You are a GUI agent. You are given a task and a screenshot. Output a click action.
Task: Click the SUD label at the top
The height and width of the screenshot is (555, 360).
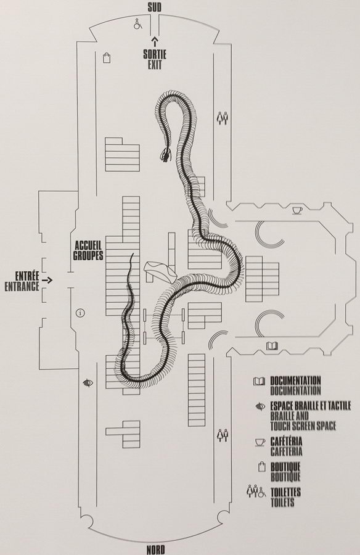point(155,7)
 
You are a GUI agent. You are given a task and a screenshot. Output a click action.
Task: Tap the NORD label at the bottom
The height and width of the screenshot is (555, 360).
point(156,549)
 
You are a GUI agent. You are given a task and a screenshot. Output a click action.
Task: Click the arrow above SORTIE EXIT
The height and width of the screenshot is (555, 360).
point(154,41)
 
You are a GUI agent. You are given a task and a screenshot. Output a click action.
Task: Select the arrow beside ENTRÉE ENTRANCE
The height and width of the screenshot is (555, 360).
point(47,280)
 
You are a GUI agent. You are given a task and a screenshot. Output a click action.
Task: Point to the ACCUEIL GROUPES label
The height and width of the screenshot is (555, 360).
point(89,250)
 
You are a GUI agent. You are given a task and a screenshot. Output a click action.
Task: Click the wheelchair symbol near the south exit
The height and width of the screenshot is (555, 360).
point(137,24)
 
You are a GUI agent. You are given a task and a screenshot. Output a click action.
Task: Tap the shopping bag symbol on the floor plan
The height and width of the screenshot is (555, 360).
point(107,57)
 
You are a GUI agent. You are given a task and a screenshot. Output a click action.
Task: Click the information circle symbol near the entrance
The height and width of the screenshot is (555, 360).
point(81,313)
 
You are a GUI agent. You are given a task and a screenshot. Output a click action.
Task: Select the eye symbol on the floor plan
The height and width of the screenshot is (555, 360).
point(88,382)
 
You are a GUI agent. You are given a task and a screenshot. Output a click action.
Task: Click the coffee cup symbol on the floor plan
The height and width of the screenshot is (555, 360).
point(297,211)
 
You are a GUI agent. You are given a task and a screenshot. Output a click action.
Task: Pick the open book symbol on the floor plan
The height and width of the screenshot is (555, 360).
point(272,345)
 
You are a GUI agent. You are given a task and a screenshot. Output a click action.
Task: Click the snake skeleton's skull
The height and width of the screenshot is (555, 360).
point(166,154)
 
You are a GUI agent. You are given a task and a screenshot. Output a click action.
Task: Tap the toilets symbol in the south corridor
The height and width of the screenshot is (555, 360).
point(223,118)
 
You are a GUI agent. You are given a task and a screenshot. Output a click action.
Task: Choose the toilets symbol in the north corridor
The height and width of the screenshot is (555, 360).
point(223,435)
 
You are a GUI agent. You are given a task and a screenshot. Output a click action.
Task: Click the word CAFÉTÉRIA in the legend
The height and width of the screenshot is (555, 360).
point(287,442)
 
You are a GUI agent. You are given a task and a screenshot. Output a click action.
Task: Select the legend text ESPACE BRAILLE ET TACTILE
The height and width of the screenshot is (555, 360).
point(311,406)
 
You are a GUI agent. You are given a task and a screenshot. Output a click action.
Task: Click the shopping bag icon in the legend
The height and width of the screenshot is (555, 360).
point(261,467)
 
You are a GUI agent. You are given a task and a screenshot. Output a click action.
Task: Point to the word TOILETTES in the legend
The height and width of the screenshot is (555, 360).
point(285,492)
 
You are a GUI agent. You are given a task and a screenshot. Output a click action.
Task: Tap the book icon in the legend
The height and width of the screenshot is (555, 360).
point(259,381)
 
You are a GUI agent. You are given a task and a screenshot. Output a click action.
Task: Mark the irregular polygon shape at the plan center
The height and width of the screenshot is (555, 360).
point(160,271)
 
